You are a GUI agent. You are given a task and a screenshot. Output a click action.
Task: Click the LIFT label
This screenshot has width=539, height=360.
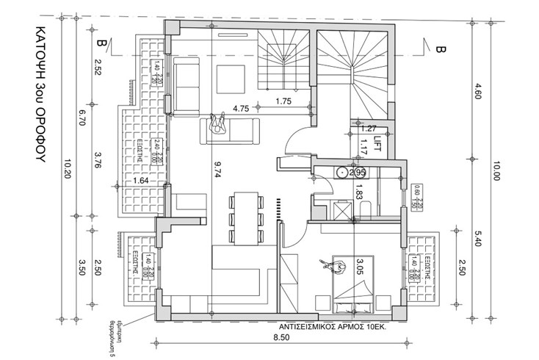380,137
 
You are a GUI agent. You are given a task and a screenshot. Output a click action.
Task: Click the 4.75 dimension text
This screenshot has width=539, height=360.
240,109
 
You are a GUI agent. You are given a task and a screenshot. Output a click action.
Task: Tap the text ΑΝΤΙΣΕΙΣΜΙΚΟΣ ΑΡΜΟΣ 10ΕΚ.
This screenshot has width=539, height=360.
333,324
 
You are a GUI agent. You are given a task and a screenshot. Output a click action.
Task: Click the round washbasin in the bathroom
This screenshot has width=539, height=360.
342,173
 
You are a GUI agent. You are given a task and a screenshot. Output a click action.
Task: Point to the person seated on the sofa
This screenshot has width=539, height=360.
218,123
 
